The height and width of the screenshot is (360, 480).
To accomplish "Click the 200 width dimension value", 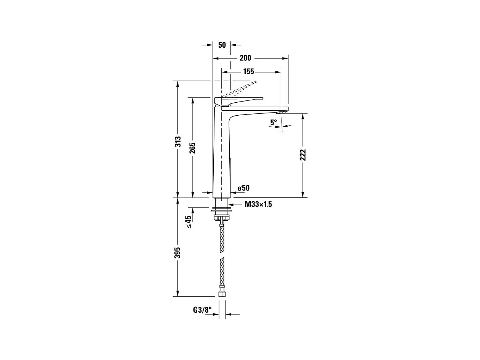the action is [245, 58].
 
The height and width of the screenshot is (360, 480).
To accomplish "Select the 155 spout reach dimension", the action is [248, 71].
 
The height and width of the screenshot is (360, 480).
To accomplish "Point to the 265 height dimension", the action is [192, 147].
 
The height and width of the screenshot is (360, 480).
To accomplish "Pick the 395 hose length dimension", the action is [178, 252].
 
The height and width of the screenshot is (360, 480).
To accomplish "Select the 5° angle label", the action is [274, 122].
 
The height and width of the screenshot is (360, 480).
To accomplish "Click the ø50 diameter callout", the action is [243, 188].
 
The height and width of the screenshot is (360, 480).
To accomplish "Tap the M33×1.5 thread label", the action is [258, 204].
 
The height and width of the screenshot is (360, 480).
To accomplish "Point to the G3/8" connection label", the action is [202, 310].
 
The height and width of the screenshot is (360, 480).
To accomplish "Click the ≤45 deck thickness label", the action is [188, 222].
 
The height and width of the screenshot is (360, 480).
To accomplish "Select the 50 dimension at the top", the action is [222, 45].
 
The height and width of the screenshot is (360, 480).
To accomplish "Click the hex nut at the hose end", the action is [221, 294].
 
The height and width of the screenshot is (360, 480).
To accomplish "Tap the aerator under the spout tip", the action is [281, 113].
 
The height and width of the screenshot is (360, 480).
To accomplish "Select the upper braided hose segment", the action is [222, 239].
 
